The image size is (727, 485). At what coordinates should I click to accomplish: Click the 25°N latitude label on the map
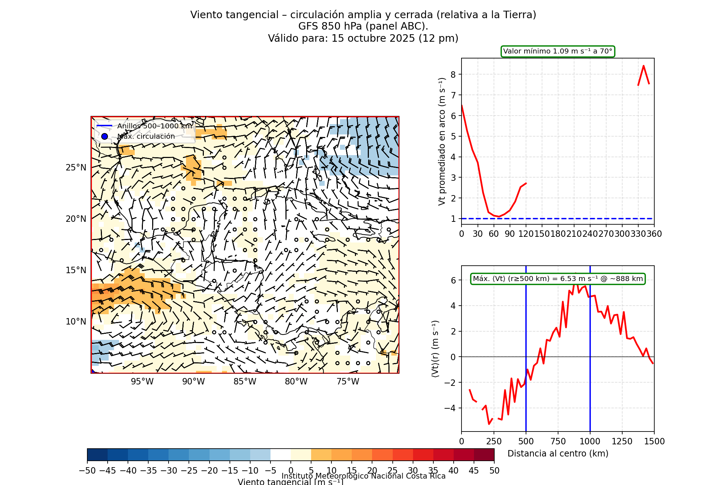[x=76, y=168]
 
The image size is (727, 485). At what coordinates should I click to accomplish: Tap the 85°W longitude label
[x=245, y=382]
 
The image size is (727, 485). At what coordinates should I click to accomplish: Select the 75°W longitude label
[x=348, y=382]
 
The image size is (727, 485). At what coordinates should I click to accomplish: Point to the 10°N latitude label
[x=76, y=322]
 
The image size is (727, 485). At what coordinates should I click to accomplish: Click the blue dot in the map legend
[x=104, y=137]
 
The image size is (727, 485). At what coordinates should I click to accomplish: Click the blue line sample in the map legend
[x=104, y=126]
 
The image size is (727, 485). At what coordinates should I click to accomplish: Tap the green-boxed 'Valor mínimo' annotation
[x=558, y=51]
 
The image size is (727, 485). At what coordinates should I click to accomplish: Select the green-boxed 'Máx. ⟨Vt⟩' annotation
[x=558, y=279]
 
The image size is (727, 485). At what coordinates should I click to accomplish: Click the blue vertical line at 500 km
[x=526, y=392]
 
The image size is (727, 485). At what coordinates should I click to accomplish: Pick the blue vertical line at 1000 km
[x=590, y=392]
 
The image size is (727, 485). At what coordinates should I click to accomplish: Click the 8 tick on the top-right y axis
[x=453, y=75]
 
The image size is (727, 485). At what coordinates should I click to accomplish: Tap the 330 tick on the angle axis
[x=638, y=234]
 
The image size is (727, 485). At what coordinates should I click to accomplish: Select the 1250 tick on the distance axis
[x=622, y=441]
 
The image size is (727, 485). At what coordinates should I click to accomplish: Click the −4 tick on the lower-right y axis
[x=450, y=408]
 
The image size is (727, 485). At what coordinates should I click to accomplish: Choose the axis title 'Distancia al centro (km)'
[x=558, y=454]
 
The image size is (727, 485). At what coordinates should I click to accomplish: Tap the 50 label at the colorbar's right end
[x=494, y=471]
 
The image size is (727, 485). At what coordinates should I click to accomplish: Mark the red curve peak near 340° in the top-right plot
[x=644, y=66]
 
